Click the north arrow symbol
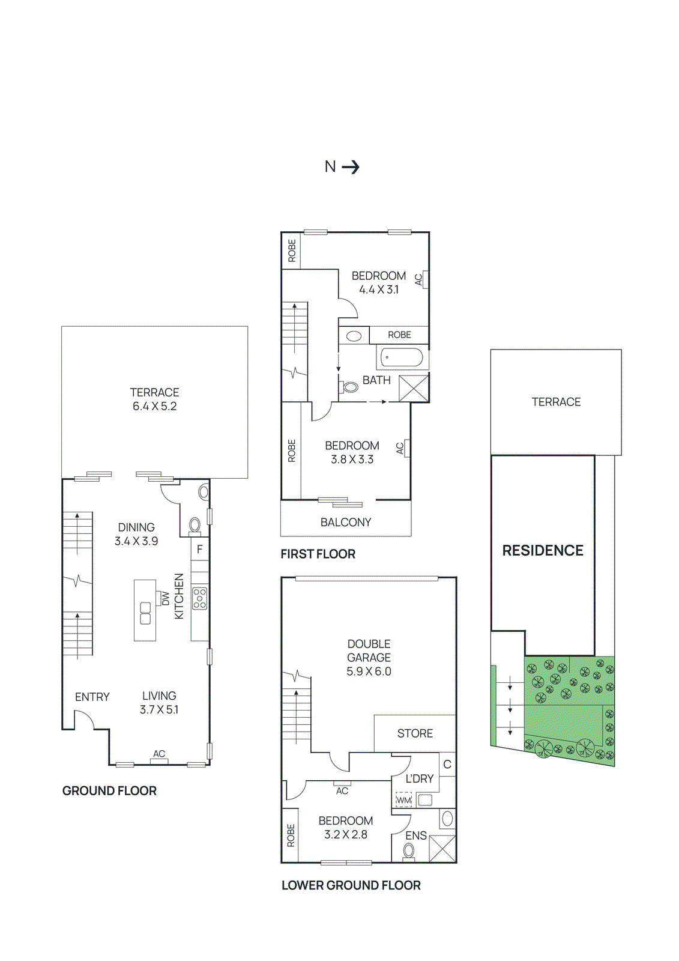(351, 167)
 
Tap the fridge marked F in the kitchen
(200, 549)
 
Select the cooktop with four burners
(200, 598)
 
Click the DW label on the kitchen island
(166, 598)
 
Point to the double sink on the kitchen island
(145, 613)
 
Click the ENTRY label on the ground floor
(92, 697)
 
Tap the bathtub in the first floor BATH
(402, 358)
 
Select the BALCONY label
(346, 522)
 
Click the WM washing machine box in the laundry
(403, 800)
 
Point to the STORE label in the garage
(415, 733)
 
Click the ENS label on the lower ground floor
(415, 835)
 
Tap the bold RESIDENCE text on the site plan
(543, 550)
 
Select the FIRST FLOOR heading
(318, 554)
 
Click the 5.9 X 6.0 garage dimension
(369, 671)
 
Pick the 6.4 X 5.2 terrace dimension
(154, 406)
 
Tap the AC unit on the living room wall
(159, 761)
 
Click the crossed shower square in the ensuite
(442, 849)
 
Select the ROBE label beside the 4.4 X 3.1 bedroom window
(292, 250)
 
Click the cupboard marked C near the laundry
(447, 765)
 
